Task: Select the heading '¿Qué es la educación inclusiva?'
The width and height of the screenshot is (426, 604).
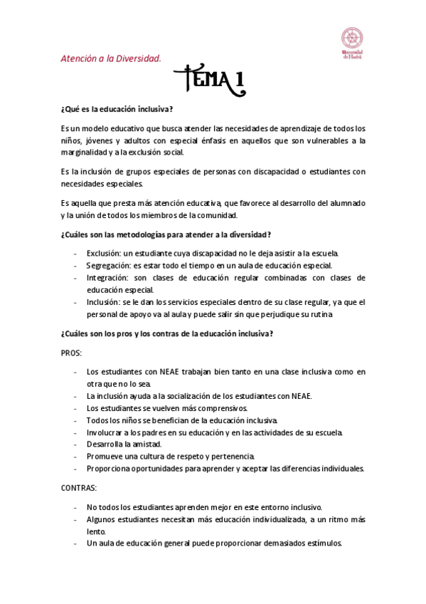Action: (x=117, y=109)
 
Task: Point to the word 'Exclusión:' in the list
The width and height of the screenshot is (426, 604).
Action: (x=105, y=253)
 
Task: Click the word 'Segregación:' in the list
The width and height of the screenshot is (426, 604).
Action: (x=108, y=265)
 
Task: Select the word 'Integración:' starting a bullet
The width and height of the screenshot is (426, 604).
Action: (x=107, y=277)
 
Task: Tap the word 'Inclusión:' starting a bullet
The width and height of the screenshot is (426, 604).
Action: (x=105, y=302)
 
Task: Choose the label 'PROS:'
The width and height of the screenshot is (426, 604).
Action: (x=72, y=353)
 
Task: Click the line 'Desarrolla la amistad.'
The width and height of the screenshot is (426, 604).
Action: (x=124, y=444)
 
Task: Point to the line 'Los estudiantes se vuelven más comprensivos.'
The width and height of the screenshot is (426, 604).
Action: (x=166, y=408)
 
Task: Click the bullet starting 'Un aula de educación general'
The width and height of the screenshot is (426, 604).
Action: (x=214, y=543)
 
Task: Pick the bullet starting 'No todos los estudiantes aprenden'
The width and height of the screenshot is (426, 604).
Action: (x=204, y=507)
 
